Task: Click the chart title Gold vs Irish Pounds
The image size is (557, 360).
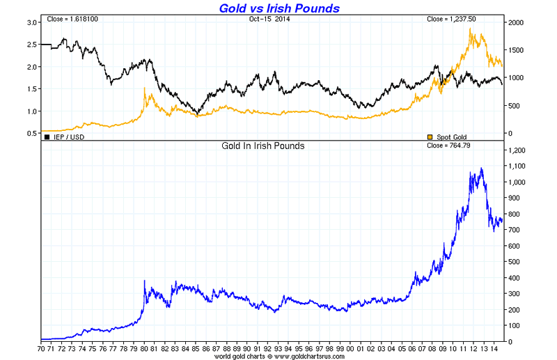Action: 279,8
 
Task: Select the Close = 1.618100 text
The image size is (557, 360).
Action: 72,19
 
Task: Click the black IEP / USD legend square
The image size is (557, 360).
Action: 47,136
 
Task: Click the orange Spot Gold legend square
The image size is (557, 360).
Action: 430,136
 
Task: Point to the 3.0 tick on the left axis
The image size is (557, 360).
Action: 31,23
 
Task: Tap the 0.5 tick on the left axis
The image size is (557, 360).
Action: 31,133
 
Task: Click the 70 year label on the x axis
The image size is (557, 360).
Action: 42,346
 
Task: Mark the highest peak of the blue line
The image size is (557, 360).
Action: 481,168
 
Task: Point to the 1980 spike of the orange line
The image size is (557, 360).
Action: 144,88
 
